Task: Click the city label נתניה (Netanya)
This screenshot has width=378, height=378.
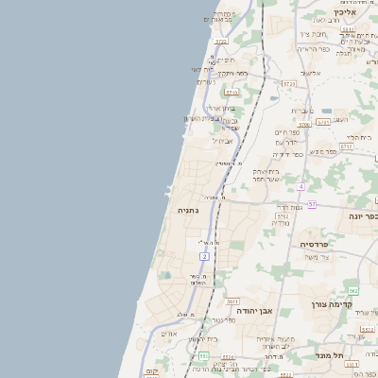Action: pyautogui.click(x=188, y=210)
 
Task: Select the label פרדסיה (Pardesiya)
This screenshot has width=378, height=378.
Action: pyautogui.click(x=319, y=244)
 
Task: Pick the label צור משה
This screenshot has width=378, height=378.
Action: pyautogui.click(x=317, y=257)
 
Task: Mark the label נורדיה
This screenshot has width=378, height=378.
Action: pyautogui.click(x=281, y=223)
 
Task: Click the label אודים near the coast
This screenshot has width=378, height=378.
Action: pyautogui.click(x=170, y=333)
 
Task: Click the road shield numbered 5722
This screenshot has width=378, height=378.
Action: pyautogui.click(x=221, y=42)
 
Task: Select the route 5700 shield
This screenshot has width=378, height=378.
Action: pyautogui.click(x=304, y=124)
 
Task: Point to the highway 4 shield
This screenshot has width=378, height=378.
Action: pyautogui.click(x=301, y=186)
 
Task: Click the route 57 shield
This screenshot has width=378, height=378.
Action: pyautogui.click(x=312, y=204)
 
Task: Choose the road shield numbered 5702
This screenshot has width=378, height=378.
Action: pyautogui.click(x=282, y=215)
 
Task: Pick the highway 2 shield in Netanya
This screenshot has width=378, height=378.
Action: pyautogui.click(x=204, y=255)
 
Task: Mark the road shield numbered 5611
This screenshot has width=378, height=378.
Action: pyautogui.click(x=232, y=301)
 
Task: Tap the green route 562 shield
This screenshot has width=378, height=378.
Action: pyautogui.click(x=353, y=291)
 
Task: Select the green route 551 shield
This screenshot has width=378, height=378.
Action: pyautogui.click(x=204, y=355)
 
